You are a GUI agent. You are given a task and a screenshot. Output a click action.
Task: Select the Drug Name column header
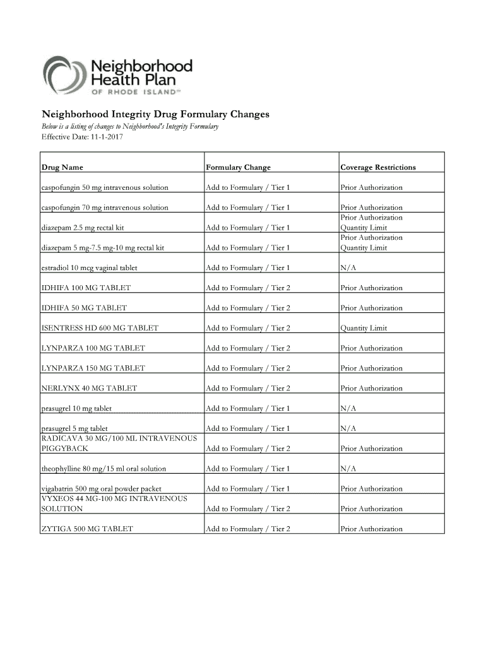[x=62, y=167]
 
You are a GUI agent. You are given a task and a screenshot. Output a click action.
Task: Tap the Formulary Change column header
[x=238, y=167]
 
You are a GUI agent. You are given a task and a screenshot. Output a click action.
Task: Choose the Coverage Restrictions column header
[x=378, y=167]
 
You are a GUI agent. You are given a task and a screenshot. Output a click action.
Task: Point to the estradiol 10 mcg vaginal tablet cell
[x=89, y=267]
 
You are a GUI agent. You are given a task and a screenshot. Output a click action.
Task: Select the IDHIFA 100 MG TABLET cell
[x=86, y=288]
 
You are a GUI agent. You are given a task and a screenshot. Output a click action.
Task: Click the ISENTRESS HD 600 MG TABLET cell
[x=100, y=328]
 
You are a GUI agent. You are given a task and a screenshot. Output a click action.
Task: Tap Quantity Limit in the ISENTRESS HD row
[x=364, y=328]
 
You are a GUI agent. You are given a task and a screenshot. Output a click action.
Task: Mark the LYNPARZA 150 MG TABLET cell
[x=93, y=368]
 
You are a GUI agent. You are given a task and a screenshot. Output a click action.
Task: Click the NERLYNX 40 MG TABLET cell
[x=89, y=388]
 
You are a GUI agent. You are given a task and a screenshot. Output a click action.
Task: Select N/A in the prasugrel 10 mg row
[x=348, y=408]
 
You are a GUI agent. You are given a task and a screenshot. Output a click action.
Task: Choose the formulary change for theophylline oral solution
[x=247, y=469]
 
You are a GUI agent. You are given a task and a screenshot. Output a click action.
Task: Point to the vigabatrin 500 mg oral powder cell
[x=102, y=488]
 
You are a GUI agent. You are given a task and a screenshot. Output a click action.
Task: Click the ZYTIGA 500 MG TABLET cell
[x=87, y=529]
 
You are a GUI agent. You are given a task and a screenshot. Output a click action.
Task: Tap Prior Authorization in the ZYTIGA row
[x=371, y=529]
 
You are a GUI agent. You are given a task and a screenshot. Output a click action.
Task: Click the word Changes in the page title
[x=243, y=114]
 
